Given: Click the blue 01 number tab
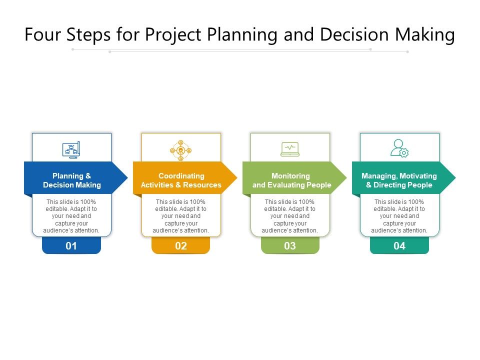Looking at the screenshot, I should coord(71,245).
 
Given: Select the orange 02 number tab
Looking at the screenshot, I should coord(180,245).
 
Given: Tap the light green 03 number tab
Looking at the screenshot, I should coord(290,245).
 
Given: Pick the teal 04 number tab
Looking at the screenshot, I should coord(399,245).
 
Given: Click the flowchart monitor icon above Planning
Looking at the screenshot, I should coord(71,149).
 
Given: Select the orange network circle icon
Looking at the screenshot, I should coord(180,150).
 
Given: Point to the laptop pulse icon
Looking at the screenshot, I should coord(290,148).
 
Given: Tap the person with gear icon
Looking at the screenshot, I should coord(399,148).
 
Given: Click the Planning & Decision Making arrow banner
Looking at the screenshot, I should coord(72,180).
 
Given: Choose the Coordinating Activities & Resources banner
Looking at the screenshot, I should coord(181,180).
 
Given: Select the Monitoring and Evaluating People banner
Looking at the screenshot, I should coord(291,180).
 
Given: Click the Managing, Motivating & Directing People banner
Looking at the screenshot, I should coord(399,180).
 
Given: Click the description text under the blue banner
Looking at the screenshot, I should coord(71,216).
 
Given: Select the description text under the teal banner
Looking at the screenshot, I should coord(399,216).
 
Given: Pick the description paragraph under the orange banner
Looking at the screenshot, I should coord(180,216).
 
